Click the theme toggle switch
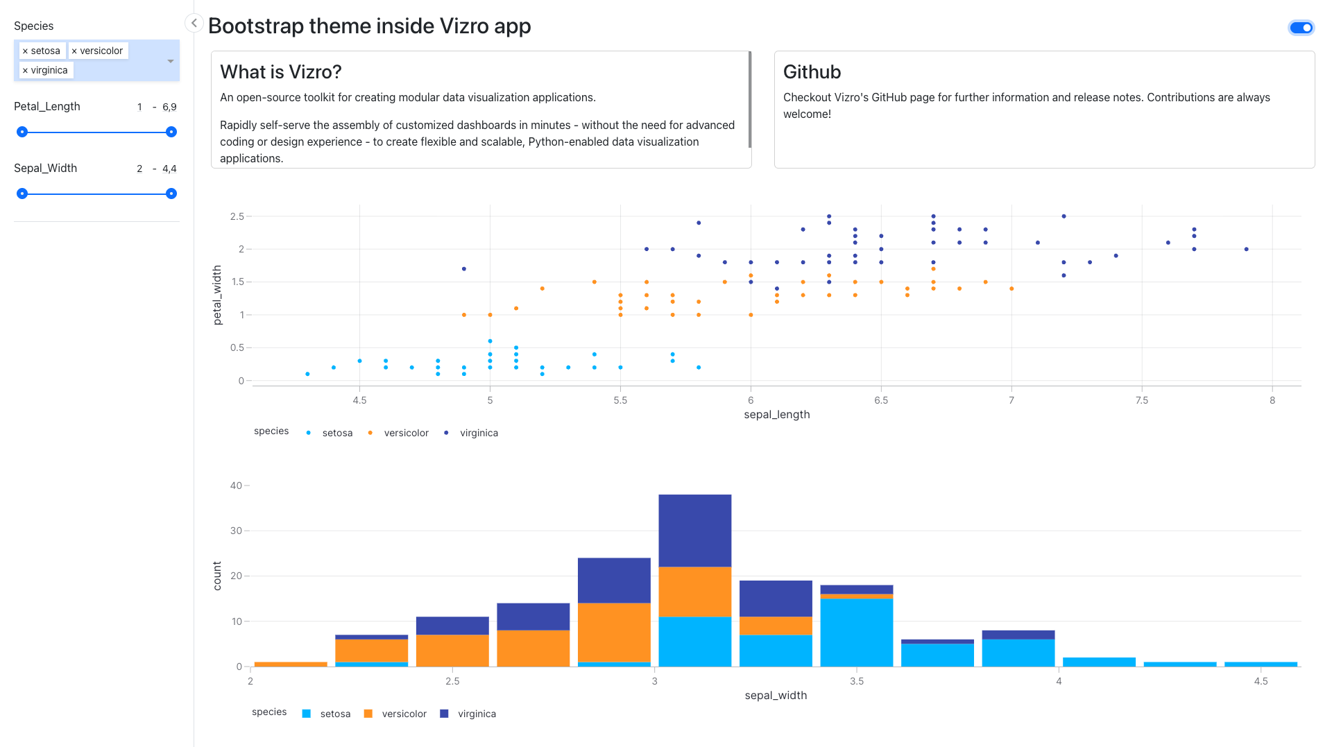pyautogui.click(x=1301, y=28)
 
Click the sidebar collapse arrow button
pyautogui.click(x=194, y=24)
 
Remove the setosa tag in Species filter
pyautogui.click(x=26, y=51)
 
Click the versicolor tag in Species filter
pyautogui.click(x=101, y=51)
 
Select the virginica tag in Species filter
pyautogui.click(x=49, y=71)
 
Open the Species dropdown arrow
pyautogui.click(x=170, y=61)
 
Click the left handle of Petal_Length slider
pyautogui.click(x=22, y=132)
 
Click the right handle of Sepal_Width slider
pyautogui.click(x=171, y=194)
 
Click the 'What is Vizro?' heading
pyautogui.click(x=281, y=72)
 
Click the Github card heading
pyautogui.click(x=812, y=72)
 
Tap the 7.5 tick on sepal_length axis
pyautogui.click(x=1142, y=400)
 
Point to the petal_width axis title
pyautogui.click(x=217, y=295)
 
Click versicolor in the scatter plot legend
pyautogui.click(x=406, y=433)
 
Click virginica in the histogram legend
pyautogui.click(x=477, y=714)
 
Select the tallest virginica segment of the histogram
pyautogui.click(x=694, y=531)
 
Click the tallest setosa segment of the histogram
pyautogui.click(x=857, y=632)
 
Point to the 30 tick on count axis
pyautogui.click(x=236, y=531)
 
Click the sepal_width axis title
pyautogui.click(x=776, y=695)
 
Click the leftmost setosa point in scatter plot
pyautogui.click(x=307, y=374)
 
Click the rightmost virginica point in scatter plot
pyautogui.click(x=1247, y=249)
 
